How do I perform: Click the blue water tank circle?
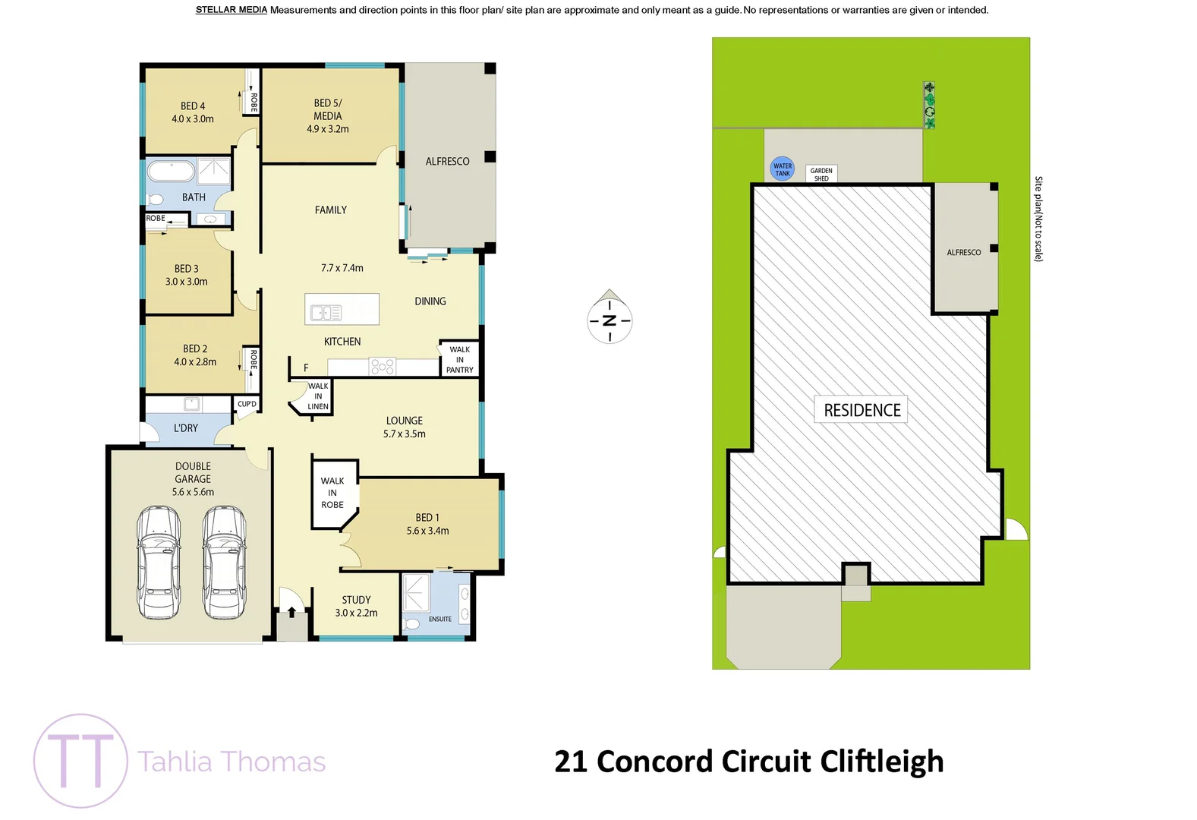pyautogui.click(x=782, y=169)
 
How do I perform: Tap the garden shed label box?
pyautogui.click(x=821, y=174)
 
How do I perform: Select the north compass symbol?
pyautogui.click(x=610, y=320)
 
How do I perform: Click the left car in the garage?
pyautogui.click(x=159, y=563)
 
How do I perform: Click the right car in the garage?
pyautogui.click(x=224, y=563)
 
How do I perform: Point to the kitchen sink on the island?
pyautogui.click(x=326, y=312)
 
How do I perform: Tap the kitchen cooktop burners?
pyautogui.click(x=382, y=367)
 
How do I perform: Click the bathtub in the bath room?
pyautogui.click(x=171, y=170)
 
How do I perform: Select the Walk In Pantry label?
pyautogui.click(x=460, y=360)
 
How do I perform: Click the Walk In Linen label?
pyautogui.click(x=318, y=396)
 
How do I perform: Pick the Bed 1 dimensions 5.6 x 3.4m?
pyautogui.click(x=427, y=531)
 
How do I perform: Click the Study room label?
pyautogui.click(x=356, y=600)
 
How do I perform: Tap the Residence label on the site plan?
pyautogui.click(x=862, y=410)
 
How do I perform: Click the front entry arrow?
pyautogui.click(x=291, y=611)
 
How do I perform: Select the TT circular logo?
pyautogui.click(x=80, y=761)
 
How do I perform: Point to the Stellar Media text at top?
pyautogui.click(x=231, y=10)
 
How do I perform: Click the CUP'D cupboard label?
pyautogui.click(x=247, y=404)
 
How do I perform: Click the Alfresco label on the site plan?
pyautogui.click(x=963, y=252)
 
